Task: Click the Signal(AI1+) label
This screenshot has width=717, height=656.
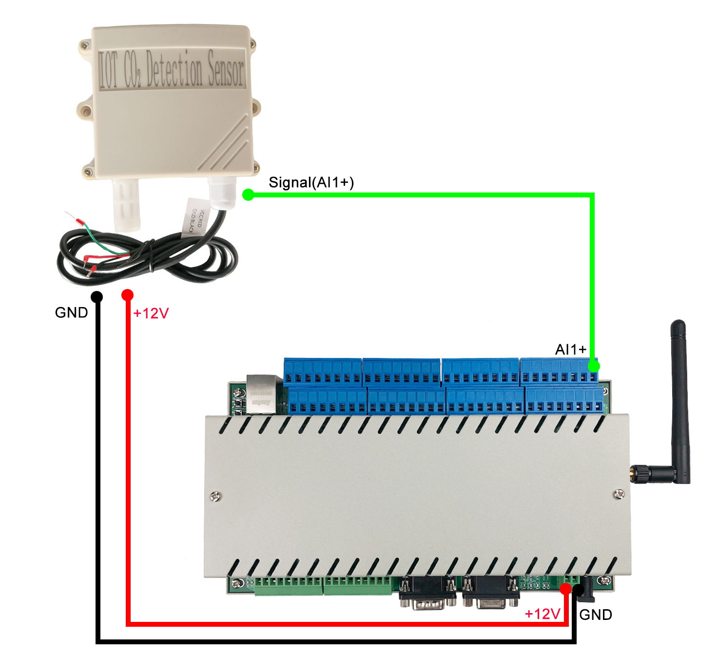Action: point(311,182)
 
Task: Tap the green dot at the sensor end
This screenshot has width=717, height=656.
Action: point(248,195)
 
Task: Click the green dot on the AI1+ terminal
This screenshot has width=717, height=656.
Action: point(593,366)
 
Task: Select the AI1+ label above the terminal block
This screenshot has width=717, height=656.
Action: point(570,349)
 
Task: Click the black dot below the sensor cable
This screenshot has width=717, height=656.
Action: point(97,296)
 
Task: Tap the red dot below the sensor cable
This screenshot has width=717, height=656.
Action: point(127,295)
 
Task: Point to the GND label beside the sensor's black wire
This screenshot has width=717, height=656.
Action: point(71,312)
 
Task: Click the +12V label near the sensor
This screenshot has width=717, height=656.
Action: point(151,313)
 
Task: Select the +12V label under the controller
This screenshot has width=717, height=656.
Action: point(542,614)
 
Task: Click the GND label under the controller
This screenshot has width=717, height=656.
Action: point(596,615)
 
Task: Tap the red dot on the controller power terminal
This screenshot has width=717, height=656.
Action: point(565,589)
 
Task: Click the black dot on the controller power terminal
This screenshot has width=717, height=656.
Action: point(579,590)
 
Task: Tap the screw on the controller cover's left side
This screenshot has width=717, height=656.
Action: point(215,496)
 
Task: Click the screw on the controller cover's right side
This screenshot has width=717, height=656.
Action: point(619,494)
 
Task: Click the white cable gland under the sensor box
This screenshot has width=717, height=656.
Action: point(223,193)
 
